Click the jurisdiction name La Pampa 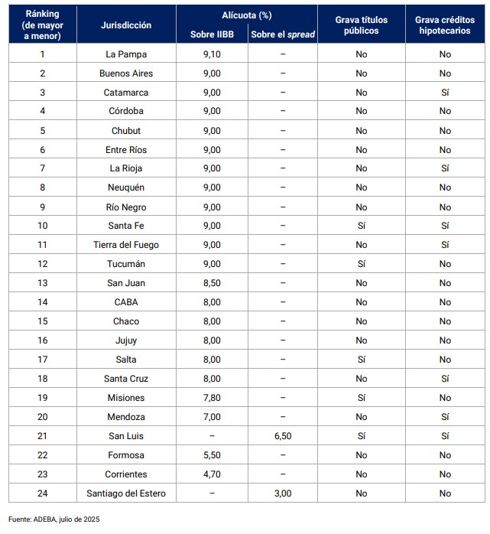point(126,54)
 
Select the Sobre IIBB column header point(212,34)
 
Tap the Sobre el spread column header point(282,34)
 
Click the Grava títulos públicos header point(361,24)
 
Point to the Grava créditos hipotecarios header point(444,24)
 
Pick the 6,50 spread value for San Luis point(282,436)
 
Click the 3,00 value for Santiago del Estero point(282,493)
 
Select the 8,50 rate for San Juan point(212,283)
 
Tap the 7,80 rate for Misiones point(212,398)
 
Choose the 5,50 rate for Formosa point(212,455)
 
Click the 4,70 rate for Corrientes point(212,474)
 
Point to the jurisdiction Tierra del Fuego point(126,245)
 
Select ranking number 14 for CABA point(43,302)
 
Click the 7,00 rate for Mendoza point(212,417)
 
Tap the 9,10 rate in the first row point(212,54)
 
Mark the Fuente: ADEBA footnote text point(54,519)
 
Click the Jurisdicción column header point(126,24)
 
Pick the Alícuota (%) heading point(247,15)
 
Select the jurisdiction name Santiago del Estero point(126,493)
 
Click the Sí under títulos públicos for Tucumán point(361,264)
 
